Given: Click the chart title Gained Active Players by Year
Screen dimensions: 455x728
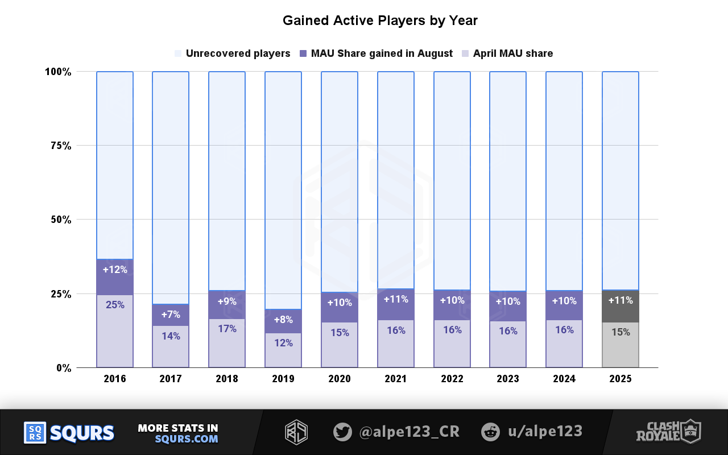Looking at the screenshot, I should [x=380, y=21].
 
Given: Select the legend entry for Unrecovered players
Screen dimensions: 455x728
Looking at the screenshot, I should [x=237, y=53].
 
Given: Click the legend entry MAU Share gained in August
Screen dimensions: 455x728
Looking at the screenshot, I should [x=381, y=53].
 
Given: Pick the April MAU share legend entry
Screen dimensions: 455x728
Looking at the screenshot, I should [x=512, y=53].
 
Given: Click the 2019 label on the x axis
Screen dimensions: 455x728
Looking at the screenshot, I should [x=283, y=379].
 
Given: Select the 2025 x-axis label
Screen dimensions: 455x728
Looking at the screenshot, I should [x=620, y=379].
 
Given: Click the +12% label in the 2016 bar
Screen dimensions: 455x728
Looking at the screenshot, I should [x=115, y=270].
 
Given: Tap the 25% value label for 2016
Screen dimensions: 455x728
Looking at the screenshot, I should [x=115, y=305].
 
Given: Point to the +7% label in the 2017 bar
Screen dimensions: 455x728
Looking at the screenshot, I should [x=171, y=315].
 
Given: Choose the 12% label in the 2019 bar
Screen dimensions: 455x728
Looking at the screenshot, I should [x=283, y=343].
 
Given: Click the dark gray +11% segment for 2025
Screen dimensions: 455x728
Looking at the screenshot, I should [x=620, y=306].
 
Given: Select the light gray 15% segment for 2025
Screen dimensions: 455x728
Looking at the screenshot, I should [x=620, y=345].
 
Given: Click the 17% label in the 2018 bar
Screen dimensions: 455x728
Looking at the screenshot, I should [x=226, y=329].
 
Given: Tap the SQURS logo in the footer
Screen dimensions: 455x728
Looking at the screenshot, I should [x=69, y=433].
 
